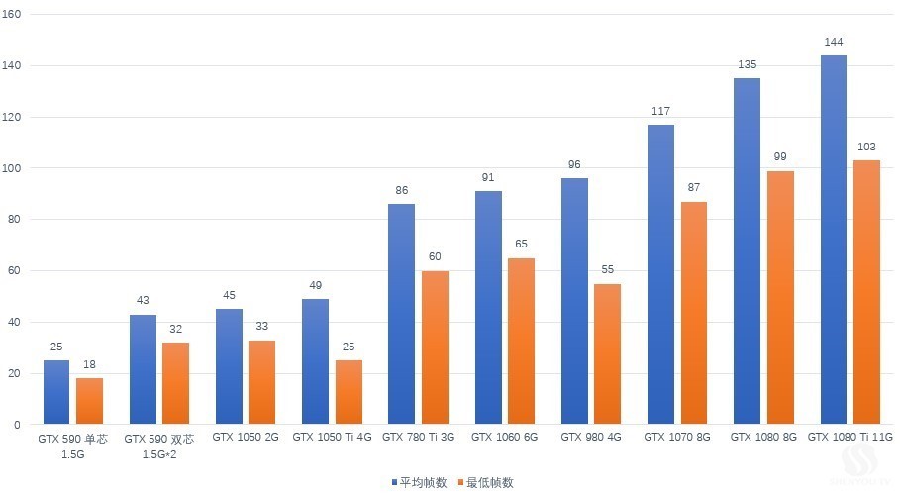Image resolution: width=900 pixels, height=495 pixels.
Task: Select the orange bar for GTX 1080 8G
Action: click(780, 297)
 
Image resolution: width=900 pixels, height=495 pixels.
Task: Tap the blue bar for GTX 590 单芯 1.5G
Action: click(56, 392)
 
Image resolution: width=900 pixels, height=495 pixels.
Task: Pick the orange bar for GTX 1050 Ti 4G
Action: click(349, 392)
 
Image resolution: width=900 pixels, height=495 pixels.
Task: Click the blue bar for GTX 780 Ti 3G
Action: click(401, 314)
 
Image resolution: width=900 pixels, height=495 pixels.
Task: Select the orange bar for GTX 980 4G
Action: click(607, 353)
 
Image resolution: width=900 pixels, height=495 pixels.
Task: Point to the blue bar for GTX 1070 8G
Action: click(660, 274)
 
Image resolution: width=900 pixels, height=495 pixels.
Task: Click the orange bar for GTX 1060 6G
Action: click(521, 341)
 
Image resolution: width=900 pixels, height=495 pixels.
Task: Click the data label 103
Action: click(866, 149)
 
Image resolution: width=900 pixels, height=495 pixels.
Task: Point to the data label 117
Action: click(660, 112)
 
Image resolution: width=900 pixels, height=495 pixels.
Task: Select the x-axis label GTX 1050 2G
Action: click(245, 437)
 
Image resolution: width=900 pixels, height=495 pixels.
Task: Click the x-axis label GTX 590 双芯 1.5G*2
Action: click(157, 445)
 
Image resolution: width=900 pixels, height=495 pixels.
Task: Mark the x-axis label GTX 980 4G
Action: click(590, 437)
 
